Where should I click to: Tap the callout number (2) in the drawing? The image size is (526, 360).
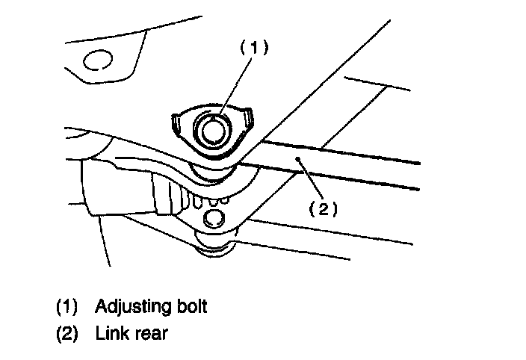tap(324, 210)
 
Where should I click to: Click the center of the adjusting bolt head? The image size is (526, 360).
tap(212, 129)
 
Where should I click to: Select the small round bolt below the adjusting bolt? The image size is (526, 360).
tap(214, 217)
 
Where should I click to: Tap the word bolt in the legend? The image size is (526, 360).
tap(191, 306)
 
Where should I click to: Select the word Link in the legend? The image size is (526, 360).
tap(109, 333)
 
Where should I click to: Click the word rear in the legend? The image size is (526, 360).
tap(149, 334)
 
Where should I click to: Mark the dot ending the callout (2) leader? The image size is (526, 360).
tap(297, 158)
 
